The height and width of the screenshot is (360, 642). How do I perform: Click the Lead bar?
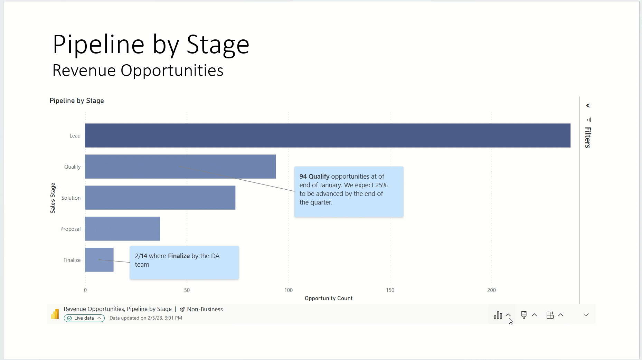[x=328, y=135]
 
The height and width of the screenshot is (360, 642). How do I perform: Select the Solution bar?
[x=160, y=198]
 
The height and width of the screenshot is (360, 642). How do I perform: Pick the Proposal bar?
[x=122, y=229]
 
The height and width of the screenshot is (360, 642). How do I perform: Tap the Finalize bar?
[x=99, y=260]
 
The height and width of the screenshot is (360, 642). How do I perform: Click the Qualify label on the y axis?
[x=72, y=167]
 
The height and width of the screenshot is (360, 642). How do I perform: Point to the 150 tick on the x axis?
[x=390, y=290]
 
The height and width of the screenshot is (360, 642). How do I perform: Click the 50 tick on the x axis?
[x=187, y=290]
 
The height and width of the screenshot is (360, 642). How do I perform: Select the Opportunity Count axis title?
[x=329, y=299]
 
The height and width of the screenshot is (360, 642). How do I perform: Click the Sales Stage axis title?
[x=53, y=198]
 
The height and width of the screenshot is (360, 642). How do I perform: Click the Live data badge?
[x=84, y=318]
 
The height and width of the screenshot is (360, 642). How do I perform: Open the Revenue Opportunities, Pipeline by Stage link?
[x=117, y=309]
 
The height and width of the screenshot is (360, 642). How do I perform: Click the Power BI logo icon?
[x=55, y=314]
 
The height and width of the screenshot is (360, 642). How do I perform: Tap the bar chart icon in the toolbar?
[x=498, y=315]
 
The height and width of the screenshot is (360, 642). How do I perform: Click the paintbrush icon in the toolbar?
[x=524, y=315]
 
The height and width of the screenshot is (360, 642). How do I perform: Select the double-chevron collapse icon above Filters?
[x=588, y=106]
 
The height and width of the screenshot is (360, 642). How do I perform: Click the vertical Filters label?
[x=588, y=138]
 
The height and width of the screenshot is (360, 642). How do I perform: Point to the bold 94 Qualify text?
[x=314, y=177]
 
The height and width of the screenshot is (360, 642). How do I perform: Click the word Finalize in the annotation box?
[x=179, y=256]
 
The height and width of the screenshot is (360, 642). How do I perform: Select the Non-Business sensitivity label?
[x=205, y=309]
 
